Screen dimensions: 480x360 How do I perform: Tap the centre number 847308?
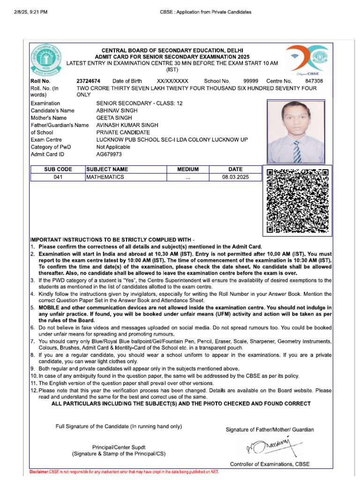314,81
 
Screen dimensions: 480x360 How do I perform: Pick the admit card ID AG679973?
109,154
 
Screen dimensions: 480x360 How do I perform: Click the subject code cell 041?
58,177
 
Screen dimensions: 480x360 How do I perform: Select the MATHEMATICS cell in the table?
105,177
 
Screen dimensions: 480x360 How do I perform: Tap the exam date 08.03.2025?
235,177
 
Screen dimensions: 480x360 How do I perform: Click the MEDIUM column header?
188,169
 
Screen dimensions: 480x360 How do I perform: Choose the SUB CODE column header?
58,169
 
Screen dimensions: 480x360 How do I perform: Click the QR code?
298,201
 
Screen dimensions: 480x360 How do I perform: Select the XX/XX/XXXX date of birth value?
172,81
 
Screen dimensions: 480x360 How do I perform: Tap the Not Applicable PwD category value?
113,147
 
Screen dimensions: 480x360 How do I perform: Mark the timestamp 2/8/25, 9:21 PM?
31,12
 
